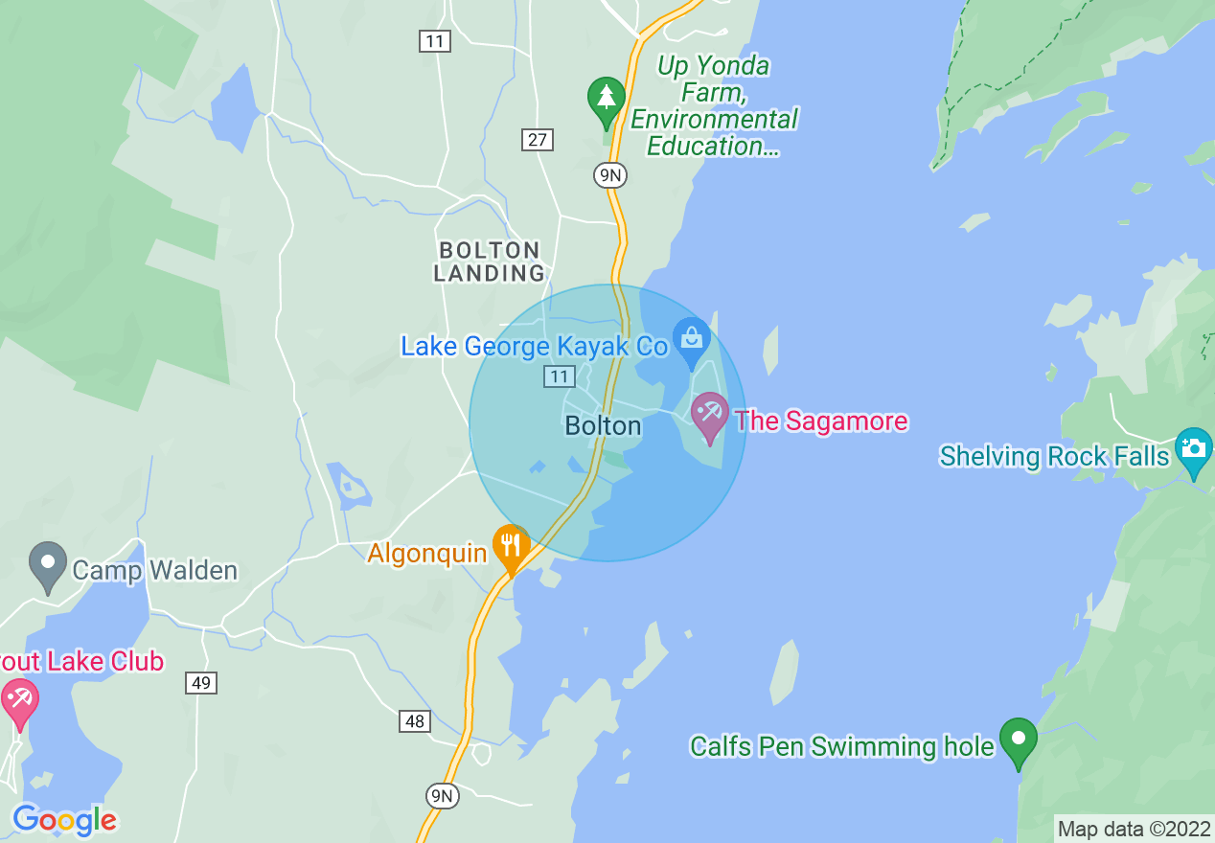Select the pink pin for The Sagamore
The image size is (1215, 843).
coord(710,415)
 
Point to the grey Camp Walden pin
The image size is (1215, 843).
coord(48,564)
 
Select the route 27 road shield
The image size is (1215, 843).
coord(538,140)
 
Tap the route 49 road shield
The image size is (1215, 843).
coord(201,683)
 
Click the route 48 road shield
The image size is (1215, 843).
coord(415,721)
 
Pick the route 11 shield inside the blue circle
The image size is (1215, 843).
coord(560,376)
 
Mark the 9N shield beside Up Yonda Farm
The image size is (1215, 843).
coord(609,174)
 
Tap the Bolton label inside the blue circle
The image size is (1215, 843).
coord(603,425)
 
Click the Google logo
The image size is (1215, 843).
coord(64,820)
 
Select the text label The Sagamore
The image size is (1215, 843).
coord(820,421)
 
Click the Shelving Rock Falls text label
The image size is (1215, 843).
coord(1055,456)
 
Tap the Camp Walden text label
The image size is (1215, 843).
coord(154,571)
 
